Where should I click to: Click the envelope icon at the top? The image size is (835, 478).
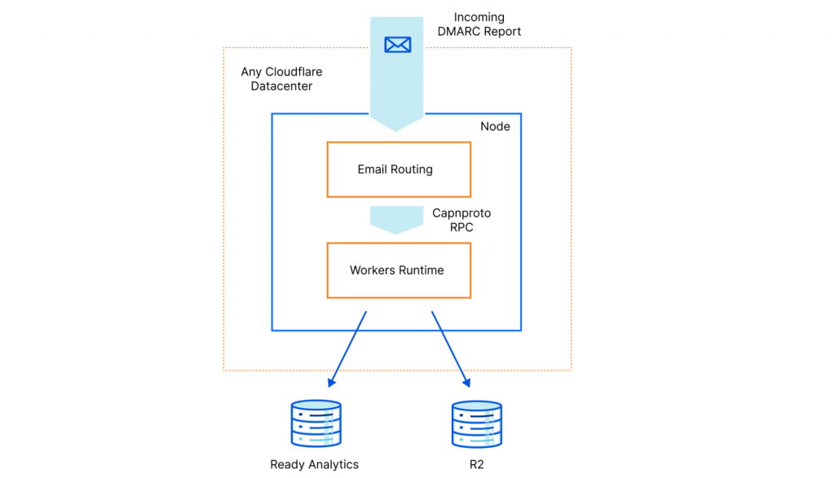tap(397, 44)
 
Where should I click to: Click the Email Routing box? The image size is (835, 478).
tap(398, 169)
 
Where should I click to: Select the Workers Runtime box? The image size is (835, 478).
tap(398, 270)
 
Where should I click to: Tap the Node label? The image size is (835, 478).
tap(495, 126)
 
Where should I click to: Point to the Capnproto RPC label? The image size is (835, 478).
tap(462, 220)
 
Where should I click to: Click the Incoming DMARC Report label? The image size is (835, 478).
tap(479, 24)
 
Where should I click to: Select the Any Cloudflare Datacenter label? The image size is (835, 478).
tap(281, 79)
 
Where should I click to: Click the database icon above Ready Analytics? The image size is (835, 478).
tap(316, 423)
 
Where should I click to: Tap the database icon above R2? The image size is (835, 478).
tap(476, 423)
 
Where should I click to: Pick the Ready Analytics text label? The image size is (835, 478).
tap(314, 465)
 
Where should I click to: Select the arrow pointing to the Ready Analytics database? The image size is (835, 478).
tap(347, 349)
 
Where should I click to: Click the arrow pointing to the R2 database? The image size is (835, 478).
tap(451, 349)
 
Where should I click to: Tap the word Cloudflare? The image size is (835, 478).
tap(294, 72)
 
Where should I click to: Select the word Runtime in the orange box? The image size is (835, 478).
tap(421, 270)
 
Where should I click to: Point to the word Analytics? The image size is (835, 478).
tap(333, 465)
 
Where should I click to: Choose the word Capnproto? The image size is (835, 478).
tap(462, 213)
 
